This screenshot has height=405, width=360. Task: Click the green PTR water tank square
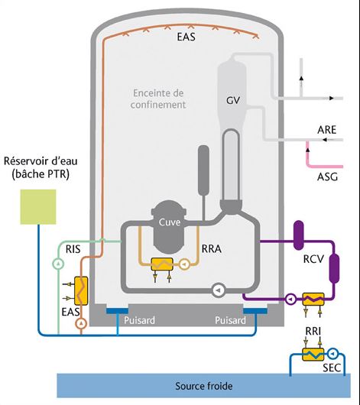(38, 207)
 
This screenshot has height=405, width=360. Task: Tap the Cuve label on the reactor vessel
(169, 222)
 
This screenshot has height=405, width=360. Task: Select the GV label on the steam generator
(233, 100)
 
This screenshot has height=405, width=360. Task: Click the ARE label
(327, 130)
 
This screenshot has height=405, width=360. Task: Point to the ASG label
(327, 177)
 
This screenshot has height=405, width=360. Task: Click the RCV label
(313, 259)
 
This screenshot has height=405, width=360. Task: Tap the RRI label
(313, 331)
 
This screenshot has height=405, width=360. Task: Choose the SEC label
(332, 368)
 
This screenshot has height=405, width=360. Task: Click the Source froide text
(204, 386)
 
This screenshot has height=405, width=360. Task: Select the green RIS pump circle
(59, 264)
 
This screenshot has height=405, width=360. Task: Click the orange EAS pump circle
(81, 323)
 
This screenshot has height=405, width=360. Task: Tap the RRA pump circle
(184, 264)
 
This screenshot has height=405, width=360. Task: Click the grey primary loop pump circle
(219, 290)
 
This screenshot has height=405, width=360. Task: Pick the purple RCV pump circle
(291, 300)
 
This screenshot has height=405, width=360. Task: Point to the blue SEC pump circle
(332, 353)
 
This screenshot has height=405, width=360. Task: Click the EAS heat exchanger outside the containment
(81, 290)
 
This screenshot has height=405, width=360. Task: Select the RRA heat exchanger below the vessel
(162, 264)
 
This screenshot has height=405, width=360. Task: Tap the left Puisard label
(139, 320)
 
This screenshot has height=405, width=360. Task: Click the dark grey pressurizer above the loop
(203, 170)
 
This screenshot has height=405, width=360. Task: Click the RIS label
(73, 249)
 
